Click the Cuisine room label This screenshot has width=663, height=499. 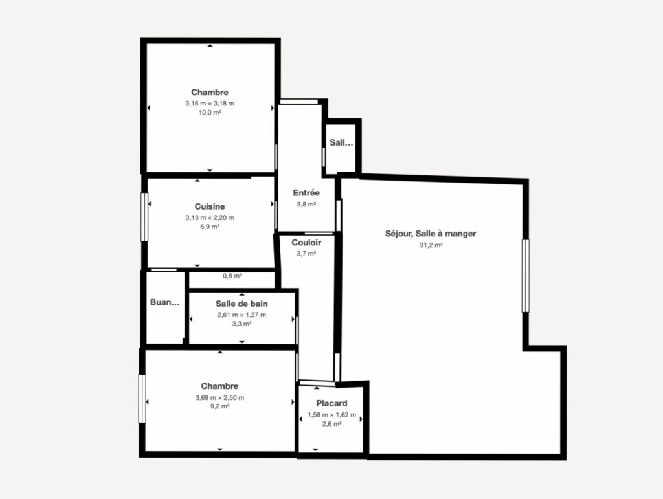tap(210, 206)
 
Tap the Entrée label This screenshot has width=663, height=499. tap(306, 193)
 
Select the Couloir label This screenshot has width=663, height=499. tap(306, 243)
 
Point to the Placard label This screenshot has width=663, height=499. tap(332, 403)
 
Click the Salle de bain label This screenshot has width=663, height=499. tap(242, 304)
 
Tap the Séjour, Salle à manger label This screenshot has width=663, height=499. tap(431, 234)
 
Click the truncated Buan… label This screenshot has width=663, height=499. tap(165, 302)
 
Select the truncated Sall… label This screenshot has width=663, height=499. tap(341, 143)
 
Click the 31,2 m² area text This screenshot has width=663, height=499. tap(431, 245)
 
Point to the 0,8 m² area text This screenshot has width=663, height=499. tap(232, 276)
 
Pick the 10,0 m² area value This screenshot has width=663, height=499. tap(210, 113)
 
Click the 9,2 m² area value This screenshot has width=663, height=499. tap(220, 406)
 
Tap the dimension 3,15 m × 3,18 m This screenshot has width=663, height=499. tap(210, 103)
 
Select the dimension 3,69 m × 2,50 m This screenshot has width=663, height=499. tap(220, 397)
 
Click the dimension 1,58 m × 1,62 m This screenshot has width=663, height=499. tap(332, 415)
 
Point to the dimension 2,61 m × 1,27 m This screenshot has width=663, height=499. tap(242, 315)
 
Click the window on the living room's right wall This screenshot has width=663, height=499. tap(526, 276)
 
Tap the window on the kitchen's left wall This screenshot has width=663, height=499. tap(144, 217)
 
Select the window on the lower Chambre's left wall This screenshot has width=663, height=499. tap(142, 399)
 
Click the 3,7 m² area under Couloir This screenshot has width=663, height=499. tap(306, 254)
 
